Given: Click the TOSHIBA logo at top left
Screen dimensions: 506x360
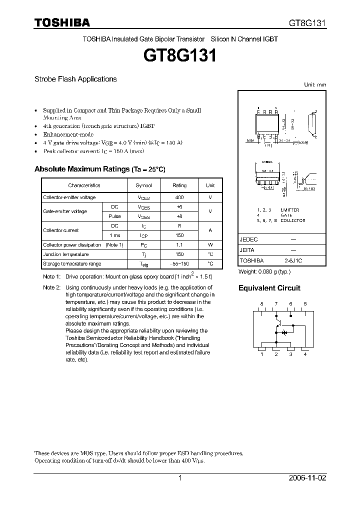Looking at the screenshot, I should [x=62, y=22].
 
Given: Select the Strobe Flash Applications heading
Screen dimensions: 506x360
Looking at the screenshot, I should [x=75, y=79].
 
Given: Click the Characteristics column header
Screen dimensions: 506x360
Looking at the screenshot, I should [x=84, y=185].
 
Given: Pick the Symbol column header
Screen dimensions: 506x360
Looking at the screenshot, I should [x=143, y=185].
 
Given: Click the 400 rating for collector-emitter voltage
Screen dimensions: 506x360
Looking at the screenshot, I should [x=179, y=198].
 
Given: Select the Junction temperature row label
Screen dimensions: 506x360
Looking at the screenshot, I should [x=66, y=254].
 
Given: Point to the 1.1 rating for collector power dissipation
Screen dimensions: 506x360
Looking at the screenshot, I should [x=179, y=245].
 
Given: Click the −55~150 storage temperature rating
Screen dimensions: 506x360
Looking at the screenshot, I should [x=179, y=263].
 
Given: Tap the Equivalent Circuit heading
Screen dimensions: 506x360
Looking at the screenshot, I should [x=269, y=288].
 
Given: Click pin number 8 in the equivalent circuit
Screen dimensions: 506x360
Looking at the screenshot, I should [x=261, y=304].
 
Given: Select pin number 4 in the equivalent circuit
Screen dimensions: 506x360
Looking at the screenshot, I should [x=305, y=354].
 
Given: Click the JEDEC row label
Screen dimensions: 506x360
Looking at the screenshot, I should [x=249, y=239].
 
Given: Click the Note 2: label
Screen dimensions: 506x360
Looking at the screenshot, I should [x=51, y=287].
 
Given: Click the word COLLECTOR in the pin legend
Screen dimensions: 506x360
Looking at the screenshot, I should [x=293, y=220].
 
